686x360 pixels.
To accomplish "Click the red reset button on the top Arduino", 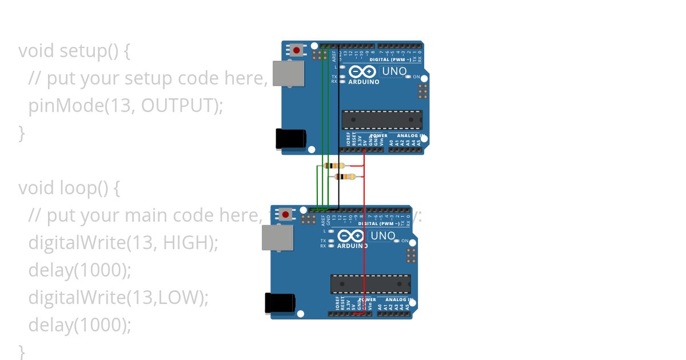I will [296, 50].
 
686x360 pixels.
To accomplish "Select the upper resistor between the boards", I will [334, 166].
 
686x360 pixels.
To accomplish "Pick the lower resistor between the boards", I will [345, 177].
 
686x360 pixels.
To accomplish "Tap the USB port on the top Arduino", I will [288, 73].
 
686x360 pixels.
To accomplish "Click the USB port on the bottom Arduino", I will [277, 237].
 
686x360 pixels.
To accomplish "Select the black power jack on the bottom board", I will [280, 303].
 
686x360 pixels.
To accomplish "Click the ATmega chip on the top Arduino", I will [382, 119].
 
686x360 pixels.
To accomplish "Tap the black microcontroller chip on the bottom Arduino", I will [370, 284].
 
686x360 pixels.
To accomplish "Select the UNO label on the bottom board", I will [382, 236].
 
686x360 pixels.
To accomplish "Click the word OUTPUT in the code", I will [179, 106].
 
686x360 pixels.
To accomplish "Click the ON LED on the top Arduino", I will [408, 77].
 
